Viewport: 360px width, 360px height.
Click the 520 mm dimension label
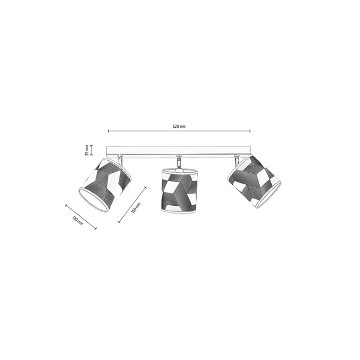(179, 127)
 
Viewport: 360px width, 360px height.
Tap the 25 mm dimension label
(87, 150)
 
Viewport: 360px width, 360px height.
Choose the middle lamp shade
(179, 189)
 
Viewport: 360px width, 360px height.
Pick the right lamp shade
(253, 181)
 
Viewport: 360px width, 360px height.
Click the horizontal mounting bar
(179, 151)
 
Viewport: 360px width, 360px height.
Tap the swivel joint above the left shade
(120, 158)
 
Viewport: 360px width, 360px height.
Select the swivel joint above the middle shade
(178, 161)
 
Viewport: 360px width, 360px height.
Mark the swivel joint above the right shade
(237, 159)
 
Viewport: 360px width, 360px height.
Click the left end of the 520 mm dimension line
(109, 131)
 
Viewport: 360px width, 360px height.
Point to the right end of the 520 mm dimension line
(250, 131)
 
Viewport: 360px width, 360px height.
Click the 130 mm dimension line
(81, 216)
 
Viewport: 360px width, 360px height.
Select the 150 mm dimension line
(132, 205)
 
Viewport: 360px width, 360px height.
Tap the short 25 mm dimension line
(92, 150)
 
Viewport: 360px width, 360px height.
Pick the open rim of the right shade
(268, 196)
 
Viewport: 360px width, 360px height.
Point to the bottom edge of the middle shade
(179, 211)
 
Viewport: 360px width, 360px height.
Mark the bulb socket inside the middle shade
(178, 170)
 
